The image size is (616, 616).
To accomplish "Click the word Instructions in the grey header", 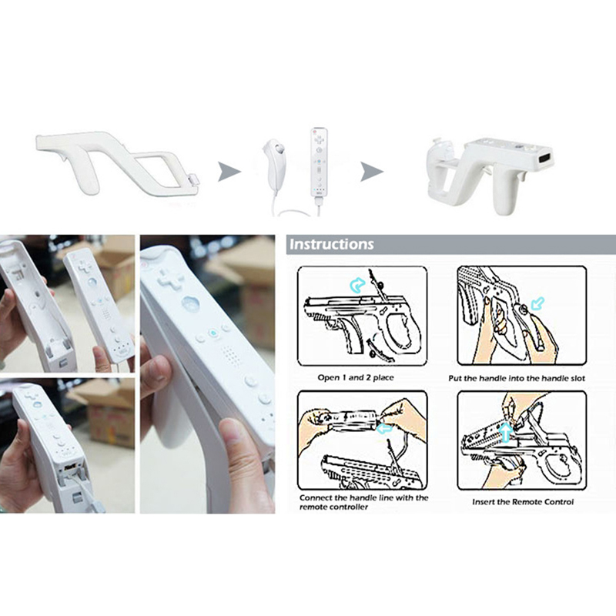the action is pyautogui.click(x=332, y=244).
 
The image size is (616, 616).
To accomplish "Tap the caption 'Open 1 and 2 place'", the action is pyautogui.click(x=356, y=377).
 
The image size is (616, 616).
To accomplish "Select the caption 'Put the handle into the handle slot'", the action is pyautogui.click(x=517, y=378).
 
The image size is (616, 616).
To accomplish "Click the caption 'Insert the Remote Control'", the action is pyautogui.click(x=523, y=502).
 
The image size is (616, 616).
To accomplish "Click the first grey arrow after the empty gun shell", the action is pyautogui.click(x=229, y=171).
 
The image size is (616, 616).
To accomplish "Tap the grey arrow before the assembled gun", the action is pyautogui.click(x=372, y=171).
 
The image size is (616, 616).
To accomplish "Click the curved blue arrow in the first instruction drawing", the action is pyautogui.click(x=357, y=285).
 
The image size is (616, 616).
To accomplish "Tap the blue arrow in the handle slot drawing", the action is pyautogui.click(x=537, y=303).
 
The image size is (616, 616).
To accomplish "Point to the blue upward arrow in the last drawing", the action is pyautogui.click(x=506, y=432).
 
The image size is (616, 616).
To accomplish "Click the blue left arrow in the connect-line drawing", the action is pyautogui.click(x=383, y=428).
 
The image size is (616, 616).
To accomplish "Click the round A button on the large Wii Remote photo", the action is pyautogui.click(x=190, y=303).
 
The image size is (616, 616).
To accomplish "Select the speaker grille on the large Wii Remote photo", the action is pyautogui.click(x=230, y=353).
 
